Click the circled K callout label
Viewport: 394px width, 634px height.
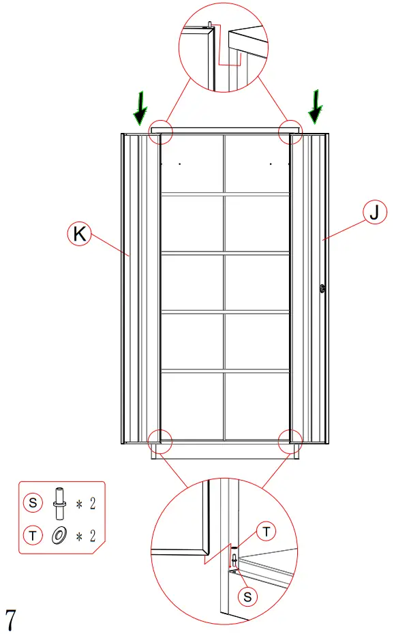point(80,234)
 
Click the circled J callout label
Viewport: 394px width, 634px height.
point(373,213)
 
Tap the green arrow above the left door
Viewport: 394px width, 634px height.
point(140,109)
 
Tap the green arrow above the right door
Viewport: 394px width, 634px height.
point(316,107)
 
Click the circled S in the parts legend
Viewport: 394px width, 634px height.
point(33,503)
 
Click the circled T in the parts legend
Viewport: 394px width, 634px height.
point(33,536)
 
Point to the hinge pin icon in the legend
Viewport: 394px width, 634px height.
point(59,503)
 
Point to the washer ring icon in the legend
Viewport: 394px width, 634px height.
point(59,536)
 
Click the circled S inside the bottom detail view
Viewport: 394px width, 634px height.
point(247,595)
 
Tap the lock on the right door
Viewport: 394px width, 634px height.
point(322,289)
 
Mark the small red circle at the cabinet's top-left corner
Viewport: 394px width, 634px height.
point(162,132)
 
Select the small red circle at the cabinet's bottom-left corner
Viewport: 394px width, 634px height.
point(160,440)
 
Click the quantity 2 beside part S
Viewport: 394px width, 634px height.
point(92,504)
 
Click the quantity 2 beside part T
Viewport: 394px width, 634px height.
point(92,536)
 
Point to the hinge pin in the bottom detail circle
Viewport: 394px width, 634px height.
point(234,560)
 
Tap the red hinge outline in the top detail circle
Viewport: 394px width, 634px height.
point(228,51)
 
